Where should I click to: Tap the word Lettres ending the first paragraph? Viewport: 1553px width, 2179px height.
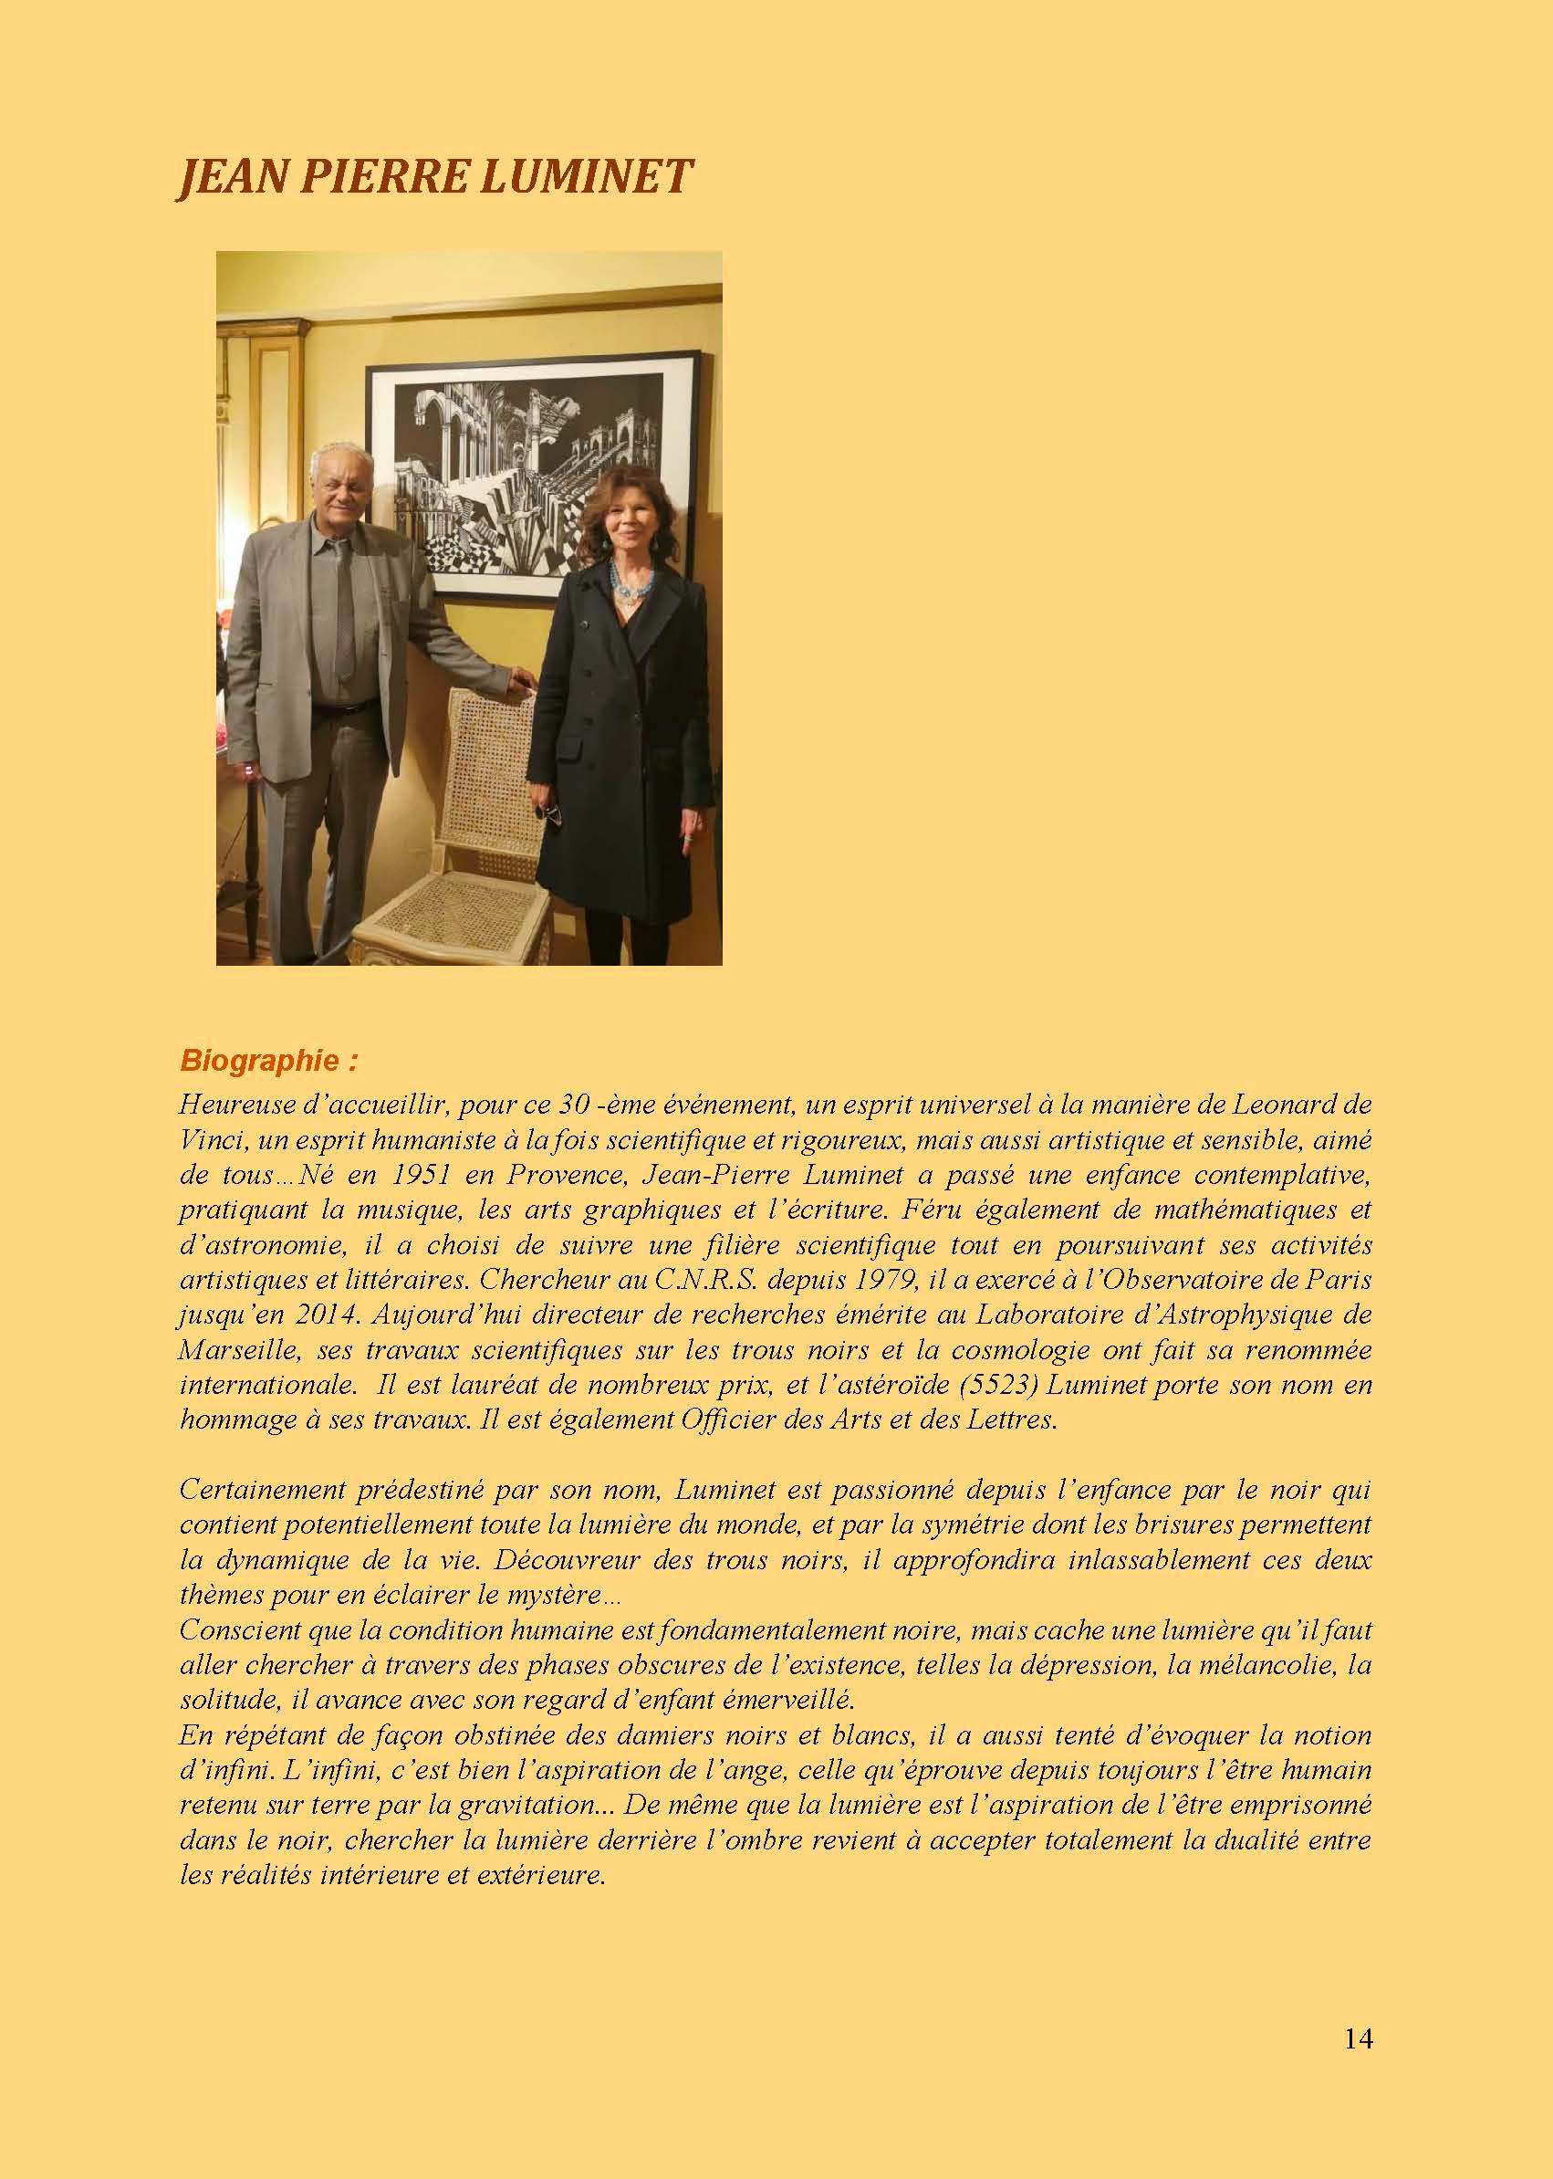coord(1021,1420)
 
